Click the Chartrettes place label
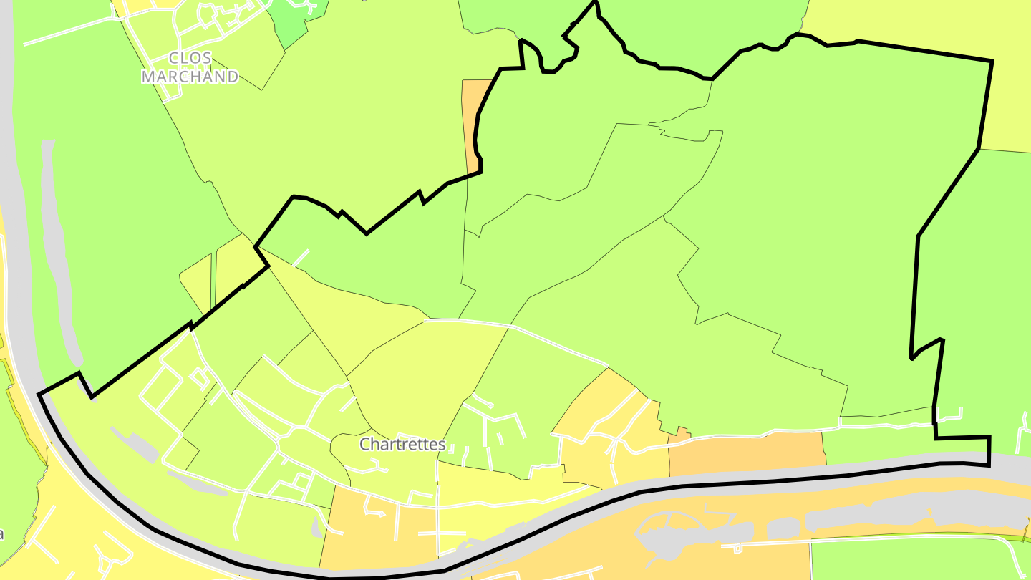pos(402,445)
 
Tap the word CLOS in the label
pos(190,58)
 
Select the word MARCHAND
pos(190,77)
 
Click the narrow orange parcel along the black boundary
pos(472,115)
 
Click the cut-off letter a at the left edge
pos(2,534)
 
